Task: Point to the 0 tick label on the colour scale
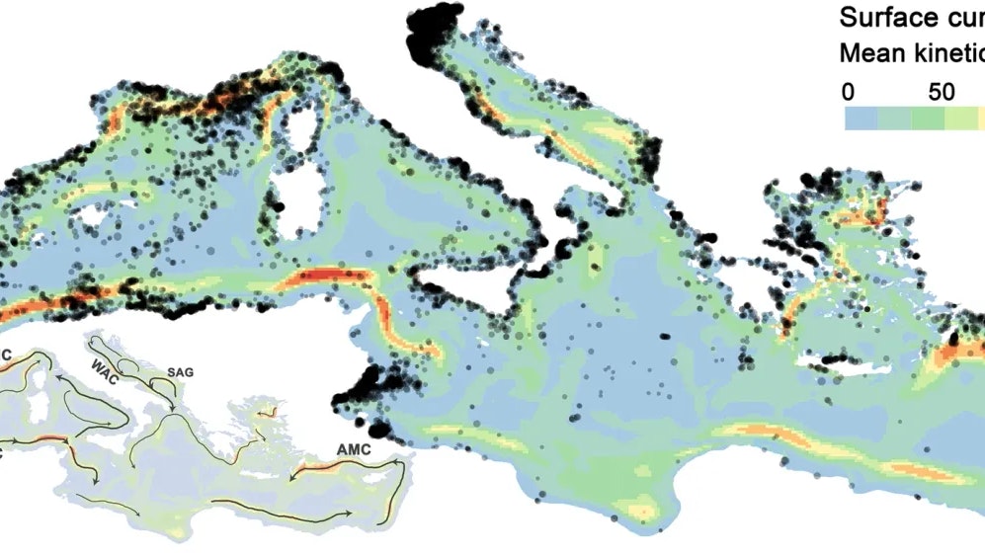(848, 92)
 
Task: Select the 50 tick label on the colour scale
(941, 92)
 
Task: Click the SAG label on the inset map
(182, 372)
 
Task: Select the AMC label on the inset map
(353, 448)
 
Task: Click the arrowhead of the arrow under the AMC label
(291, 478)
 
